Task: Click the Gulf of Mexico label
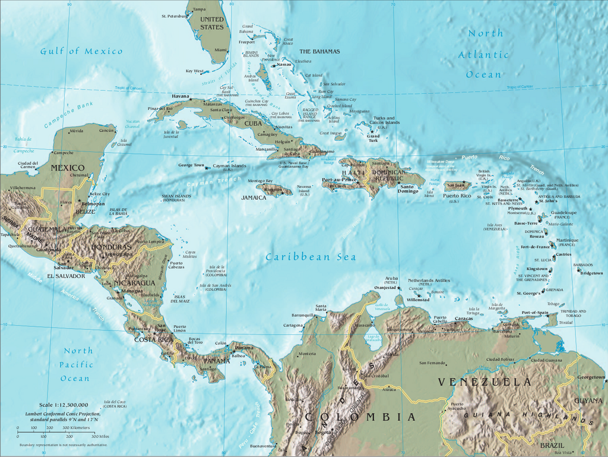coord(81,51)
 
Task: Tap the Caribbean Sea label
coord(311,257)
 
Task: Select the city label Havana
coord(180,96)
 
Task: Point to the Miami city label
coord(221,51)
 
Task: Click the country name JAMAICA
coord(254,197)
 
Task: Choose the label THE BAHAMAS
coord(319,52)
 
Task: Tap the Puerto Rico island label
coord(457,196)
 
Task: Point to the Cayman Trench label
coord(206,183)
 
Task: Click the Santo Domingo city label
coord(408,191)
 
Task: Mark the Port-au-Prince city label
coord(339,179)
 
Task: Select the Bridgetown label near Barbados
coord(591,273)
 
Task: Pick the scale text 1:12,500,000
coord(64,405)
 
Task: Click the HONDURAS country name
coord(110,247)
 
